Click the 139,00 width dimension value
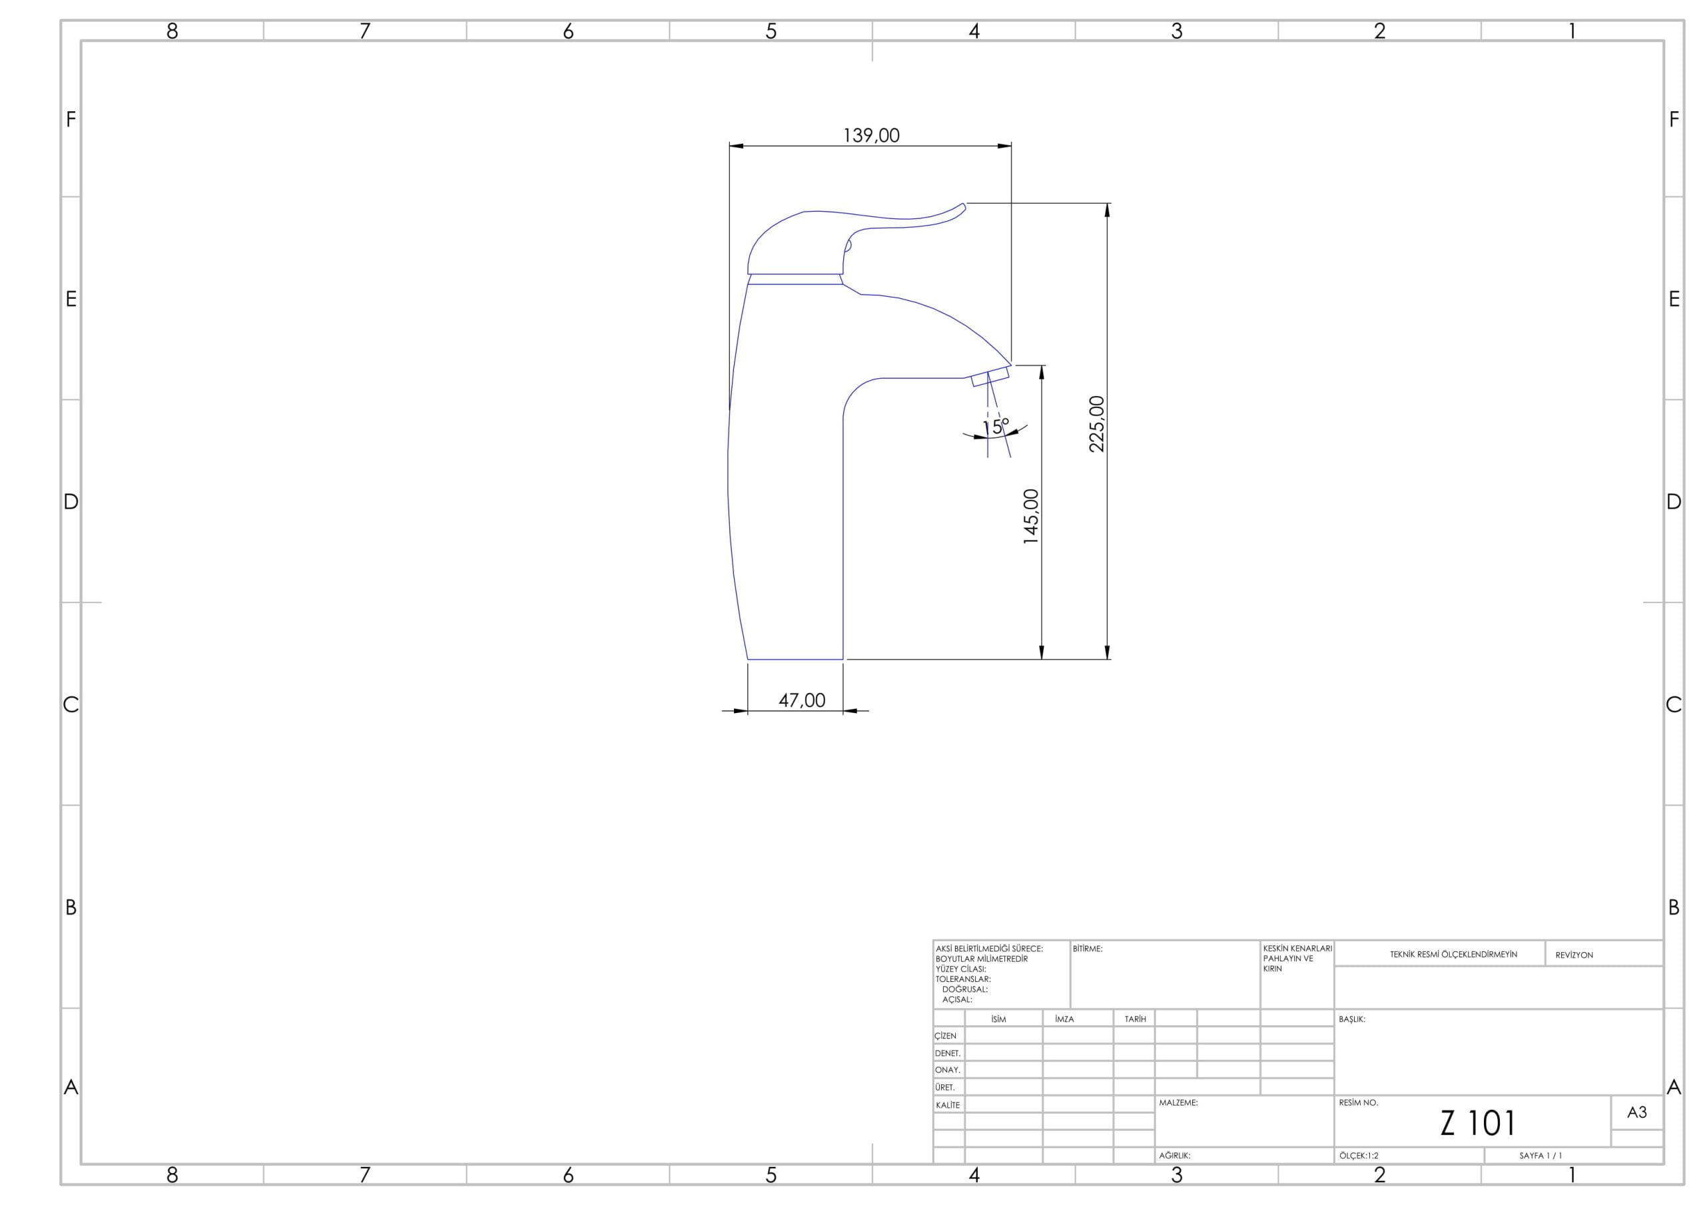pos(871,135)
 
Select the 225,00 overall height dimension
pos(1096,424)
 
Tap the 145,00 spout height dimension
pos(1031,517)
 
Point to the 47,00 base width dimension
pos(802,700)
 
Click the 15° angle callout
pos(996,426)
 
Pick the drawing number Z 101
pos(1477,1123)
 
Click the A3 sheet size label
pos(1636,1112)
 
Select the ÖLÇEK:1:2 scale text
pos(1359,1156)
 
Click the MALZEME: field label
pos(1178,1103)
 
